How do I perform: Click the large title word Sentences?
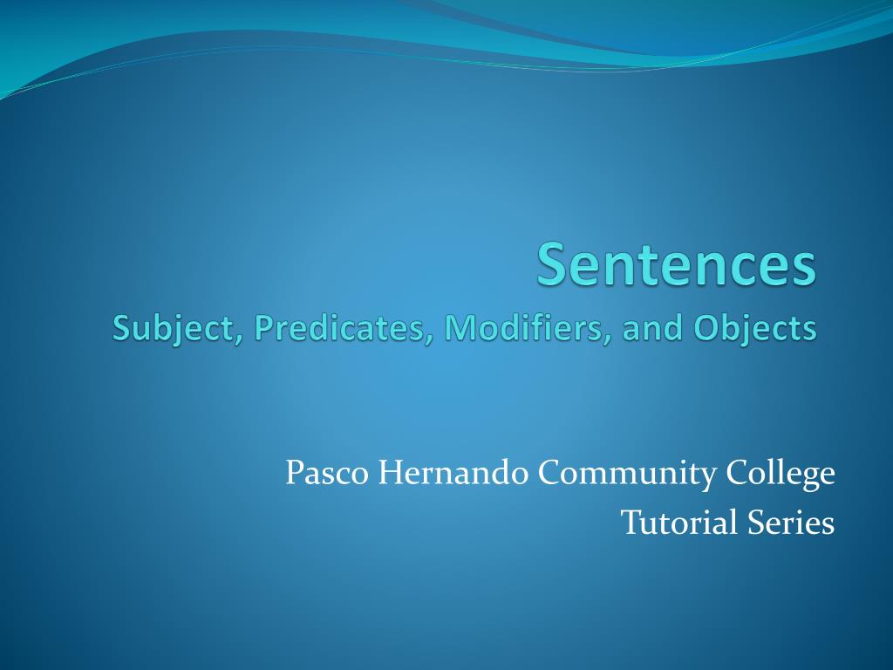[x=677, y=266]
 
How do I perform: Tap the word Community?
[x=627, y=475]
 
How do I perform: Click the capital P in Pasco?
[x=294, y=474]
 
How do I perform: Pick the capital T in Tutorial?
[x=630, y=523]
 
